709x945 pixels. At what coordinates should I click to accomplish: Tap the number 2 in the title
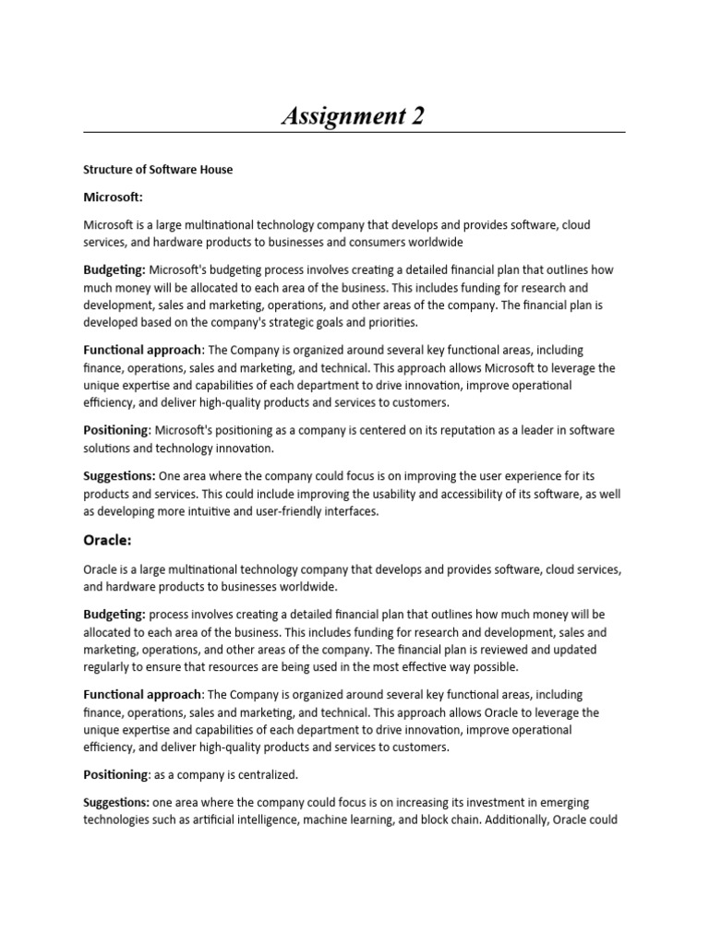(417, 116)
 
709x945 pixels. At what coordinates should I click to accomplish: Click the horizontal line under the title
(354, 132)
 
